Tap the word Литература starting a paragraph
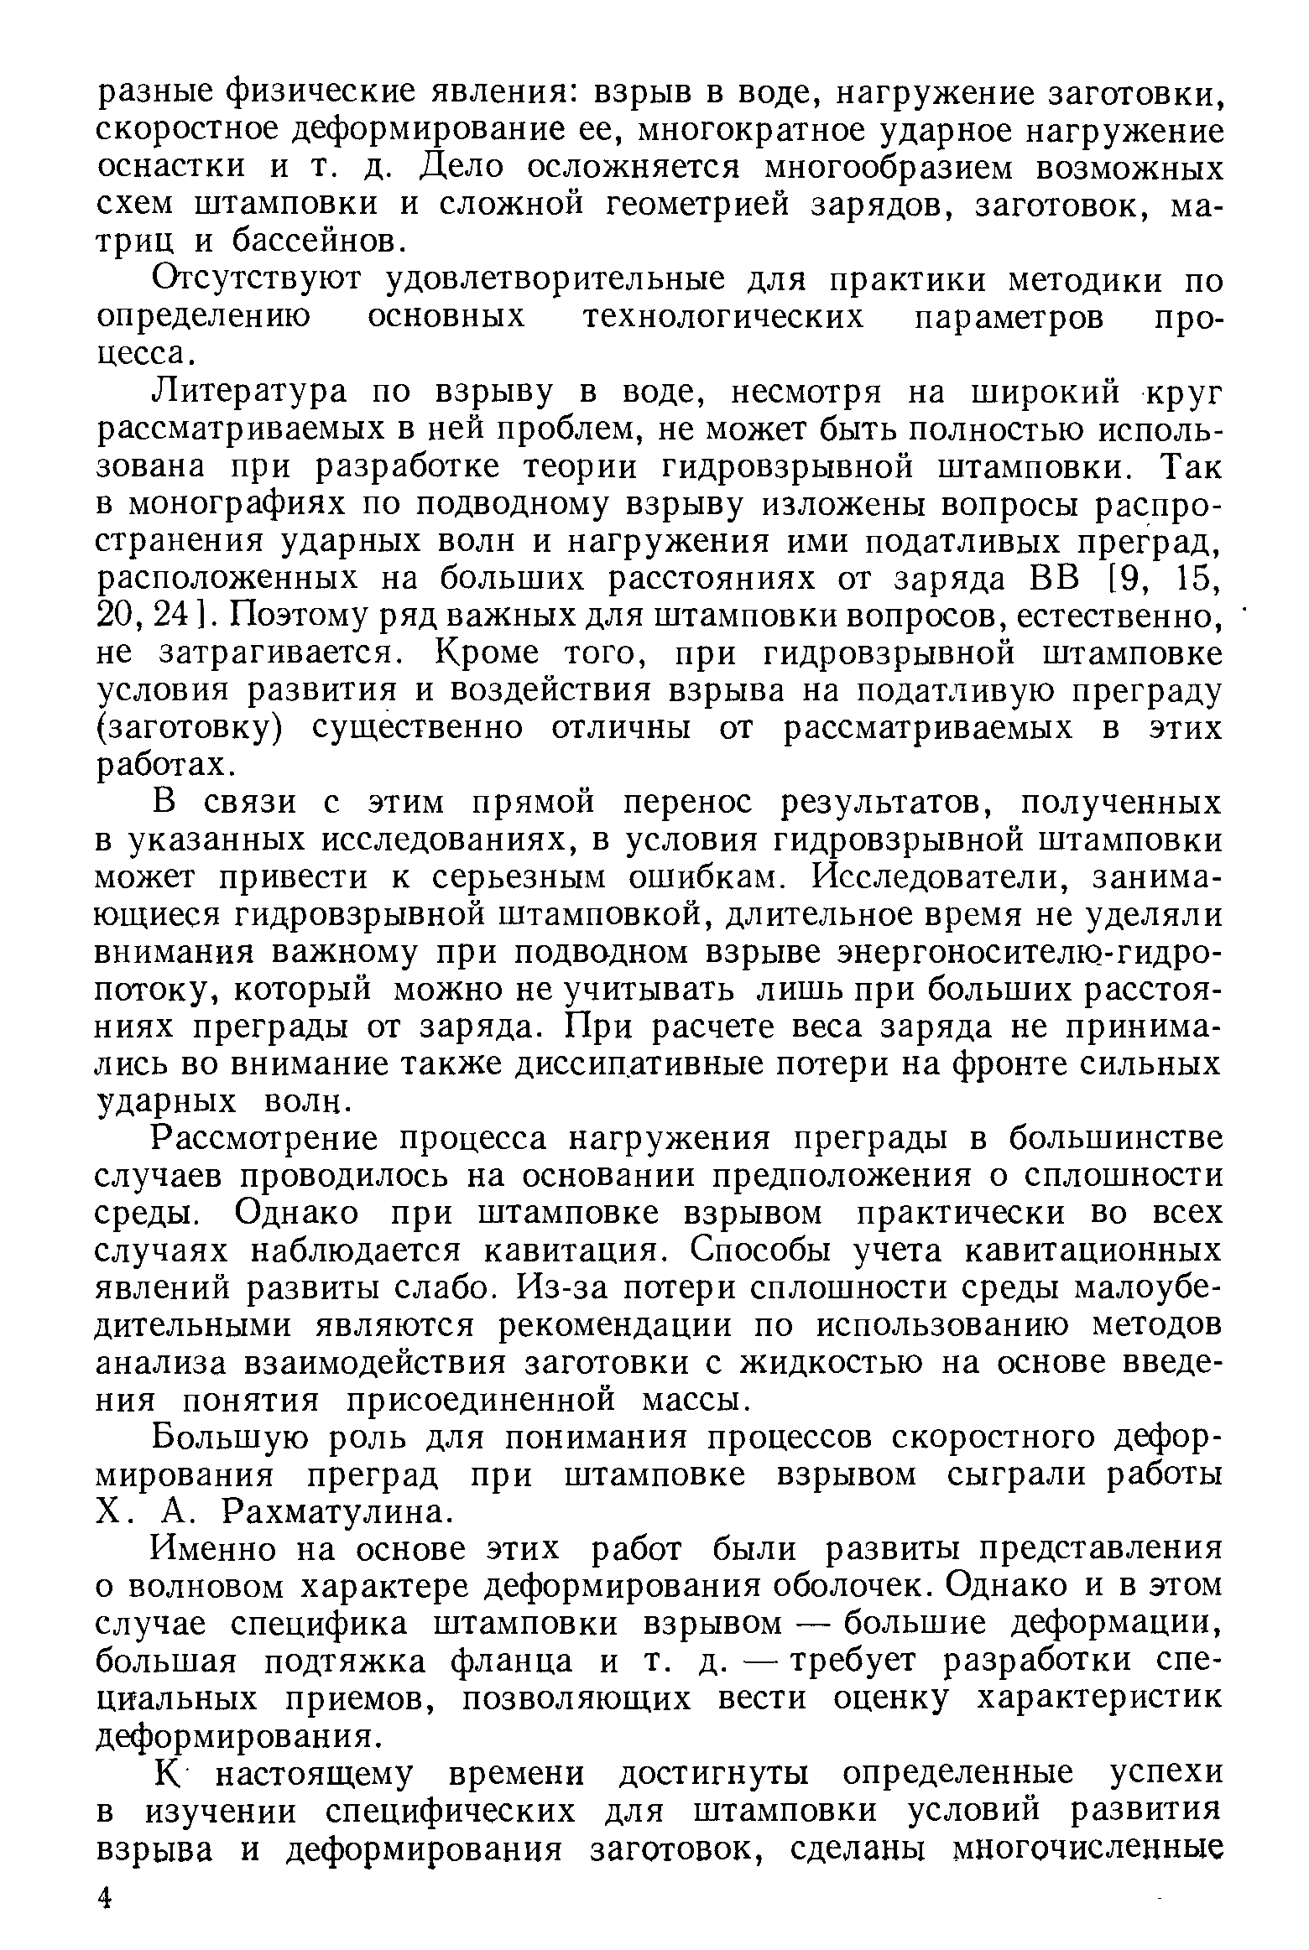click(x=248, y=393)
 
